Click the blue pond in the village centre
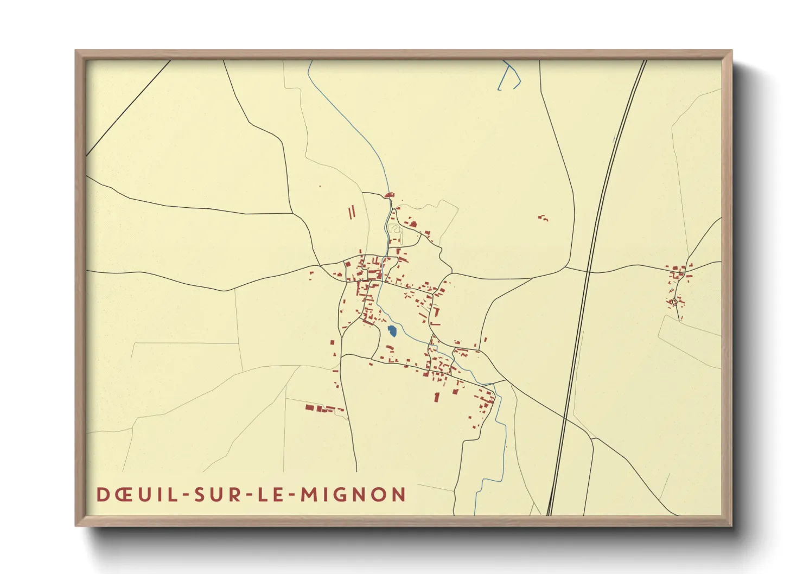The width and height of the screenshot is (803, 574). coord(392,331)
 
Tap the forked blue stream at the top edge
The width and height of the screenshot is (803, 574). coord(510,76)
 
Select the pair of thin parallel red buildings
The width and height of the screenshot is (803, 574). coord(352,212)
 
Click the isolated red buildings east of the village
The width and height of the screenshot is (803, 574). coord(543,218)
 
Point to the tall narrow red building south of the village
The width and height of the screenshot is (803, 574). coord(436,397)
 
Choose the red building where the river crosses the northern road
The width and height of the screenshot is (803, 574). coord(388,195)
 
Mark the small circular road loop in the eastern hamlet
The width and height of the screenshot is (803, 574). coord(674,302)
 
